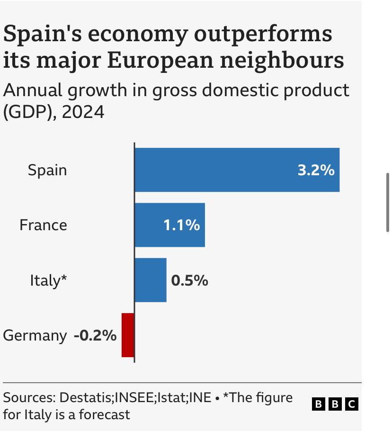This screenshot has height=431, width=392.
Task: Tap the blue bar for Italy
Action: pyautogui.click(x=151, y=280)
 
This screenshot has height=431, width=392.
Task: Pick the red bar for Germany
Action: pyautogui.click(x=128, y=335)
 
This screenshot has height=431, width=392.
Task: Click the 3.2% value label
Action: pyautogui.click(x=316, y=170)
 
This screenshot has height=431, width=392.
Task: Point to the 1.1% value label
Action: pyautogui.click(x=181, y=225)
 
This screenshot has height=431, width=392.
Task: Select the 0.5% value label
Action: pyautogui.click(x=189, y=280)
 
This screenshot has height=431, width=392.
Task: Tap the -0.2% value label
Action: pyautogui.click(x=95, y=335)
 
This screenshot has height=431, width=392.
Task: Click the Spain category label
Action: pyautogui.click(x=47, y=170)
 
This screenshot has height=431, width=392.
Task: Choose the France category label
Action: pyautogui.click(x=43, y=225)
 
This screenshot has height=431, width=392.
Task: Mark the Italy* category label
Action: pyautogui.click(x=48, y=280)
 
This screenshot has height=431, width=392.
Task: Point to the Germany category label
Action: pyautogui.click(x=35, y=336)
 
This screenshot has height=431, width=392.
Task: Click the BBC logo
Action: pyautogui.click(x=335, y=404)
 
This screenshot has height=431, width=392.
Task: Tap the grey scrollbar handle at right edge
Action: pyautogui.click(x=388, y=202)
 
